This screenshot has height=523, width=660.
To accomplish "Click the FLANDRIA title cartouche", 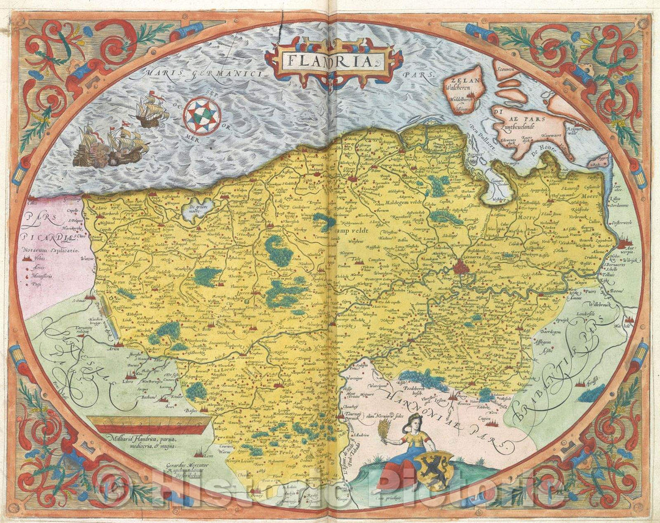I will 334,60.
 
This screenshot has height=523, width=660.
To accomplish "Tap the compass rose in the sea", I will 204,116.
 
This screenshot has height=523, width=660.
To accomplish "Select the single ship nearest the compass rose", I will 150,111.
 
